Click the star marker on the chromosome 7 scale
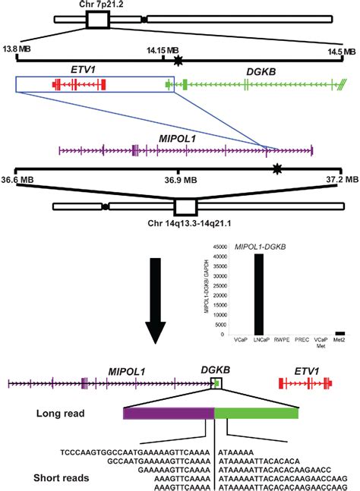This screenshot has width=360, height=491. coord(178,59)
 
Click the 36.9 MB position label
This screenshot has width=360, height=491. coord(178,180)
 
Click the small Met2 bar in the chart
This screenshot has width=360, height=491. coord(340,332)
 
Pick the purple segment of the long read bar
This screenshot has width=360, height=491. coord(169,413)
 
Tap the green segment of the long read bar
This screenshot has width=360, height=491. coord(257,413)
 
